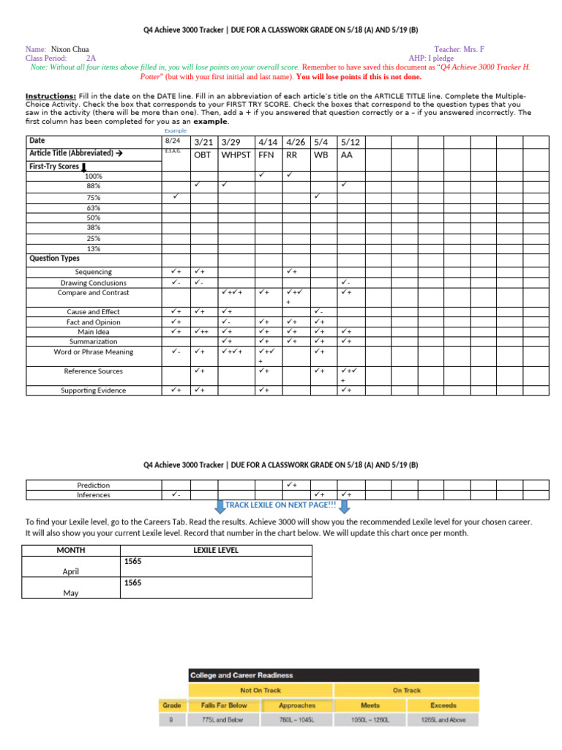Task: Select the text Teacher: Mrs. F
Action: pyautogui.click(x=459, y=49)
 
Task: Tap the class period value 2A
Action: pyautogui.click(x=90, y=58)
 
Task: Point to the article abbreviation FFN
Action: pyautogui.click(x=266, y=155)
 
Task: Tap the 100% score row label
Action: pyautogui.click(x=93, y=176)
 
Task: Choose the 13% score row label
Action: pyautogui.click(x=93, y=248)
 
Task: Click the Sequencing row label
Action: pyautogui.click(x=93, y=272)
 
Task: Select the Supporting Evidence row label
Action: pyautogui.click(x=93, y=390)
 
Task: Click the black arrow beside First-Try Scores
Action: pyautogui.click(x=84, y=167)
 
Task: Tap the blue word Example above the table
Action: pyautogui.click(x=175, y=130)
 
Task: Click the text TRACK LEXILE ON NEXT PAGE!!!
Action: pyautogui.click(x=280, y=505)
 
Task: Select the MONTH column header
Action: pyautogui.click(x=70, y=550)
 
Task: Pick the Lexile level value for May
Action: pyautogui.click(x=132, y=583)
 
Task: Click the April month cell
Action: pyautogui.click(x=70, y=571)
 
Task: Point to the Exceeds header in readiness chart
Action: pyautogui.click(x=443, y=705)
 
